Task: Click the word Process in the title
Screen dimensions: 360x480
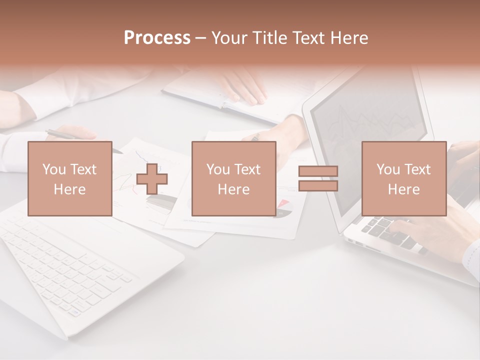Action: pyautogui.click(x=157, y=38)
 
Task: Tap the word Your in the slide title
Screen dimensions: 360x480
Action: pyautogui.click(x=230, y=38)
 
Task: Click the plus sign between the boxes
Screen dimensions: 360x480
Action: pyautogui.click(x=152, y=178)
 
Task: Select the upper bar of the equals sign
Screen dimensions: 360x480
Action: pyautogui.click(x=318, y=171)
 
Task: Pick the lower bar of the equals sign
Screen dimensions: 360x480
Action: pyautogui.click(x=318, y=185)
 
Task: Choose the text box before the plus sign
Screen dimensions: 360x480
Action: pyautogui.click(x=69, y=178)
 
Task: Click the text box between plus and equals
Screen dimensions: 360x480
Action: pyautogui.click(x=233, y=178)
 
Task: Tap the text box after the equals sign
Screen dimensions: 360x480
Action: pyautogui.click(x=403, y=178)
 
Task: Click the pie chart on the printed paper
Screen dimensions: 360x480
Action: pyautogui.click(x=283, y=208)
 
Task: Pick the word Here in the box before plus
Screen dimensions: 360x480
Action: pyautogui.click(x=69, y=189)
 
